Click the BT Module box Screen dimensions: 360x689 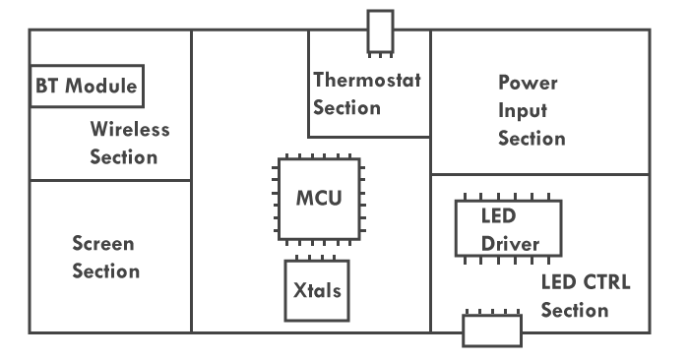[x=87, y=86]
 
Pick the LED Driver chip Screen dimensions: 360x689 [x=508, y=228]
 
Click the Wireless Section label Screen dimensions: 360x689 [x=130, y=143]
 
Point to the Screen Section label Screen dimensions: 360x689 [x=105, y=256]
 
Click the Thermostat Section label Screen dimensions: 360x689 [x=366, y=93]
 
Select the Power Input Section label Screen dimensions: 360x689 [x=531, y=109]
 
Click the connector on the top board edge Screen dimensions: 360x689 [x=379, y=31]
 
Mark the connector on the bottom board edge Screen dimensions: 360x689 [x=492, y=330]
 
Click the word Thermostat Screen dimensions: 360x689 [x=366, y=80]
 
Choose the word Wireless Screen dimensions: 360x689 [x=130, y=129]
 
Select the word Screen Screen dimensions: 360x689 [x=104, y=242]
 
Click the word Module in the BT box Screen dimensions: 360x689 [x=101, y=86]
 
